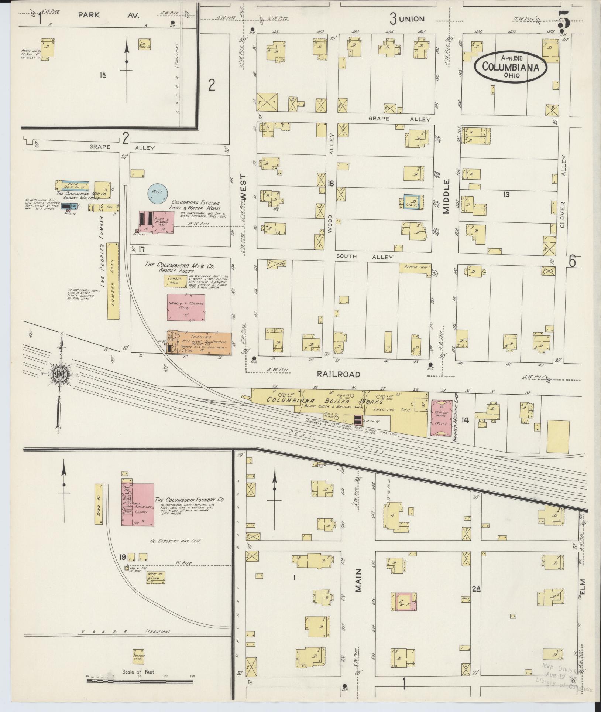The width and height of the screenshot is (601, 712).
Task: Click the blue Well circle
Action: [x=158, y=193]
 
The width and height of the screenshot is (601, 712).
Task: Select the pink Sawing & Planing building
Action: [x=186, y=307]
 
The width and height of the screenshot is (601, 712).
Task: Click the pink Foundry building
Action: [x=138, y=504]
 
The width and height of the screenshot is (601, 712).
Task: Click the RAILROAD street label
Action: [x=338, y=374]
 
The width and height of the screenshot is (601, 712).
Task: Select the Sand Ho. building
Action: [x=98, y=504]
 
